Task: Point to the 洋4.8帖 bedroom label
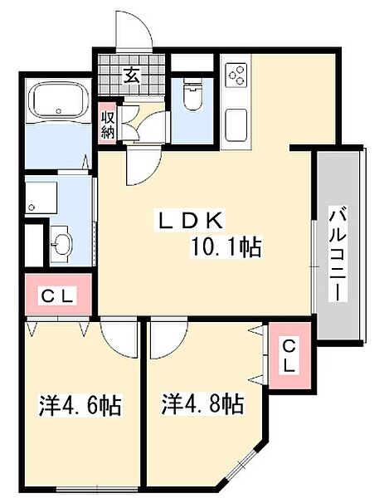[202, 404]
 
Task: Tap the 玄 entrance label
[131, 74]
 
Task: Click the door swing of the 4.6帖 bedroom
[116, 340]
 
